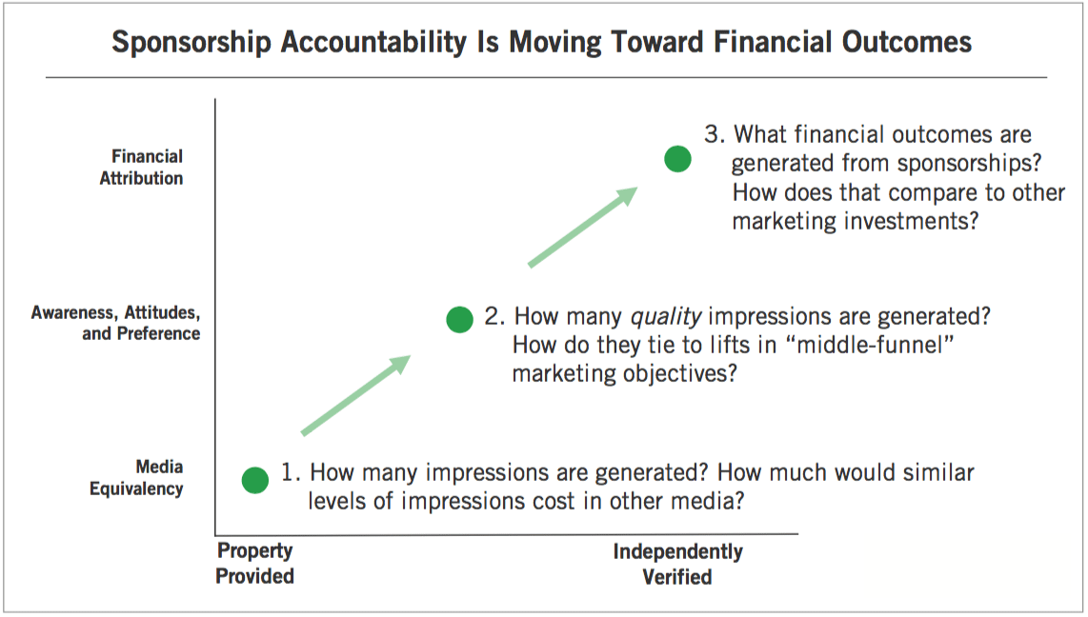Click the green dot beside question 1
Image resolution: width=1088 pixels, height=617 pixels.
point(255,480)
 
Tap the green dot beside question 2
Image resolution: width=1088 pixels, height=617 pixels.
point(459,320)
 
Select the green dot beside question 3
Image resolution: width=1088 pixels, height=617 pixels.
point(678,159)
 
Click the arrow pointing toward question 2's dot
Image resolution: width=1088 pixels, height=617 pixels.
point(356,395)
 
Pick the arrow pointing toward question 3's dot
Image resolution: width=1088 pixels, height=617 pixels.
point(583,227)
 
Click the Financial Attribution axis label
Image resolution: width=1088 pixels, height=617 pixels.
point(142,167)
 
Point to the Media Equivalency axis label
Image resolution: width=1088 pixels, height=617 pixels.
point(136,478)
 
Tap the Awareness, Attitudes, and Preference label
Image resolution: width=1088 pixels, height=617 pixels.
point(116,323)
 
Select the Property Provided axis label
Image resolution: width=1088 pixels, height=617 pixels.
point(254,563)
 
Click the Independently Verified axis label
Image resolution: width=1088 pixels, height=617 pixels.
point(678,564)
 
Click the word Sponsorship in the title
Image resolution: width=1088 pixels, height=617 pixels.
point(191,42)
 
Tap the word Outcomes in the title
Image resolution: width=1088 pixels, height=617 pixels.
point(907,42)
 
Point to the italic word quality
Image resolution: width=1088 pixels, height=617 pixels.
point(666,317)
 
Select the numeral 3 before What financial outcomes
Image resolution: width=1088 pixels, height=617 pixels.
point(714,134)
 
